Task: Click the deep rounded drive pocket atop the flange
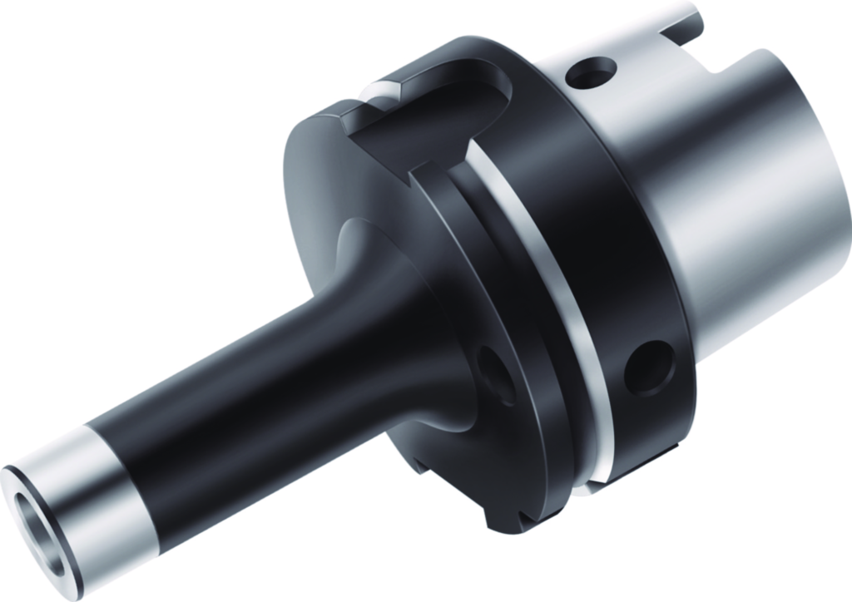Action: point(433,108)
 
